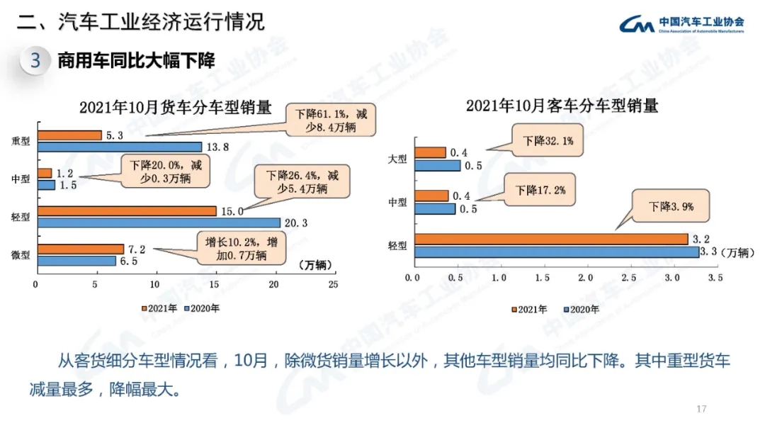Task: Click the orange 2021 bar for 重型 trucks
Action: pyautogui.click(x=69, y=135)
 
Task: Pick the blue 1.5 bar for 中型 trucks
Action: pyautogui.click(x=45, y=185)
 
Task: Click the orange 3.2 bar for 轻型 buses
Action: pyautogui.click(x=551, y=239)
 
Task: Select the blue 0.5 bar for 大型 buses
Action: pyautogui.click(x=437, y=165)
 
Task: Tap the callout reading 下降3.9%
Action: pyautogui.click(x=670, y=207)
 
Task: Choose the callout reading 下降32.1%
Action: pyautogui.click(x=548, y=142)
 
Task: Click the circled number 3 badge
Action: pyautogui.click(x=35, y=60)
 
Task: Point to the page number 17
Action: pyautogui.click(x=702, y=409)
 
